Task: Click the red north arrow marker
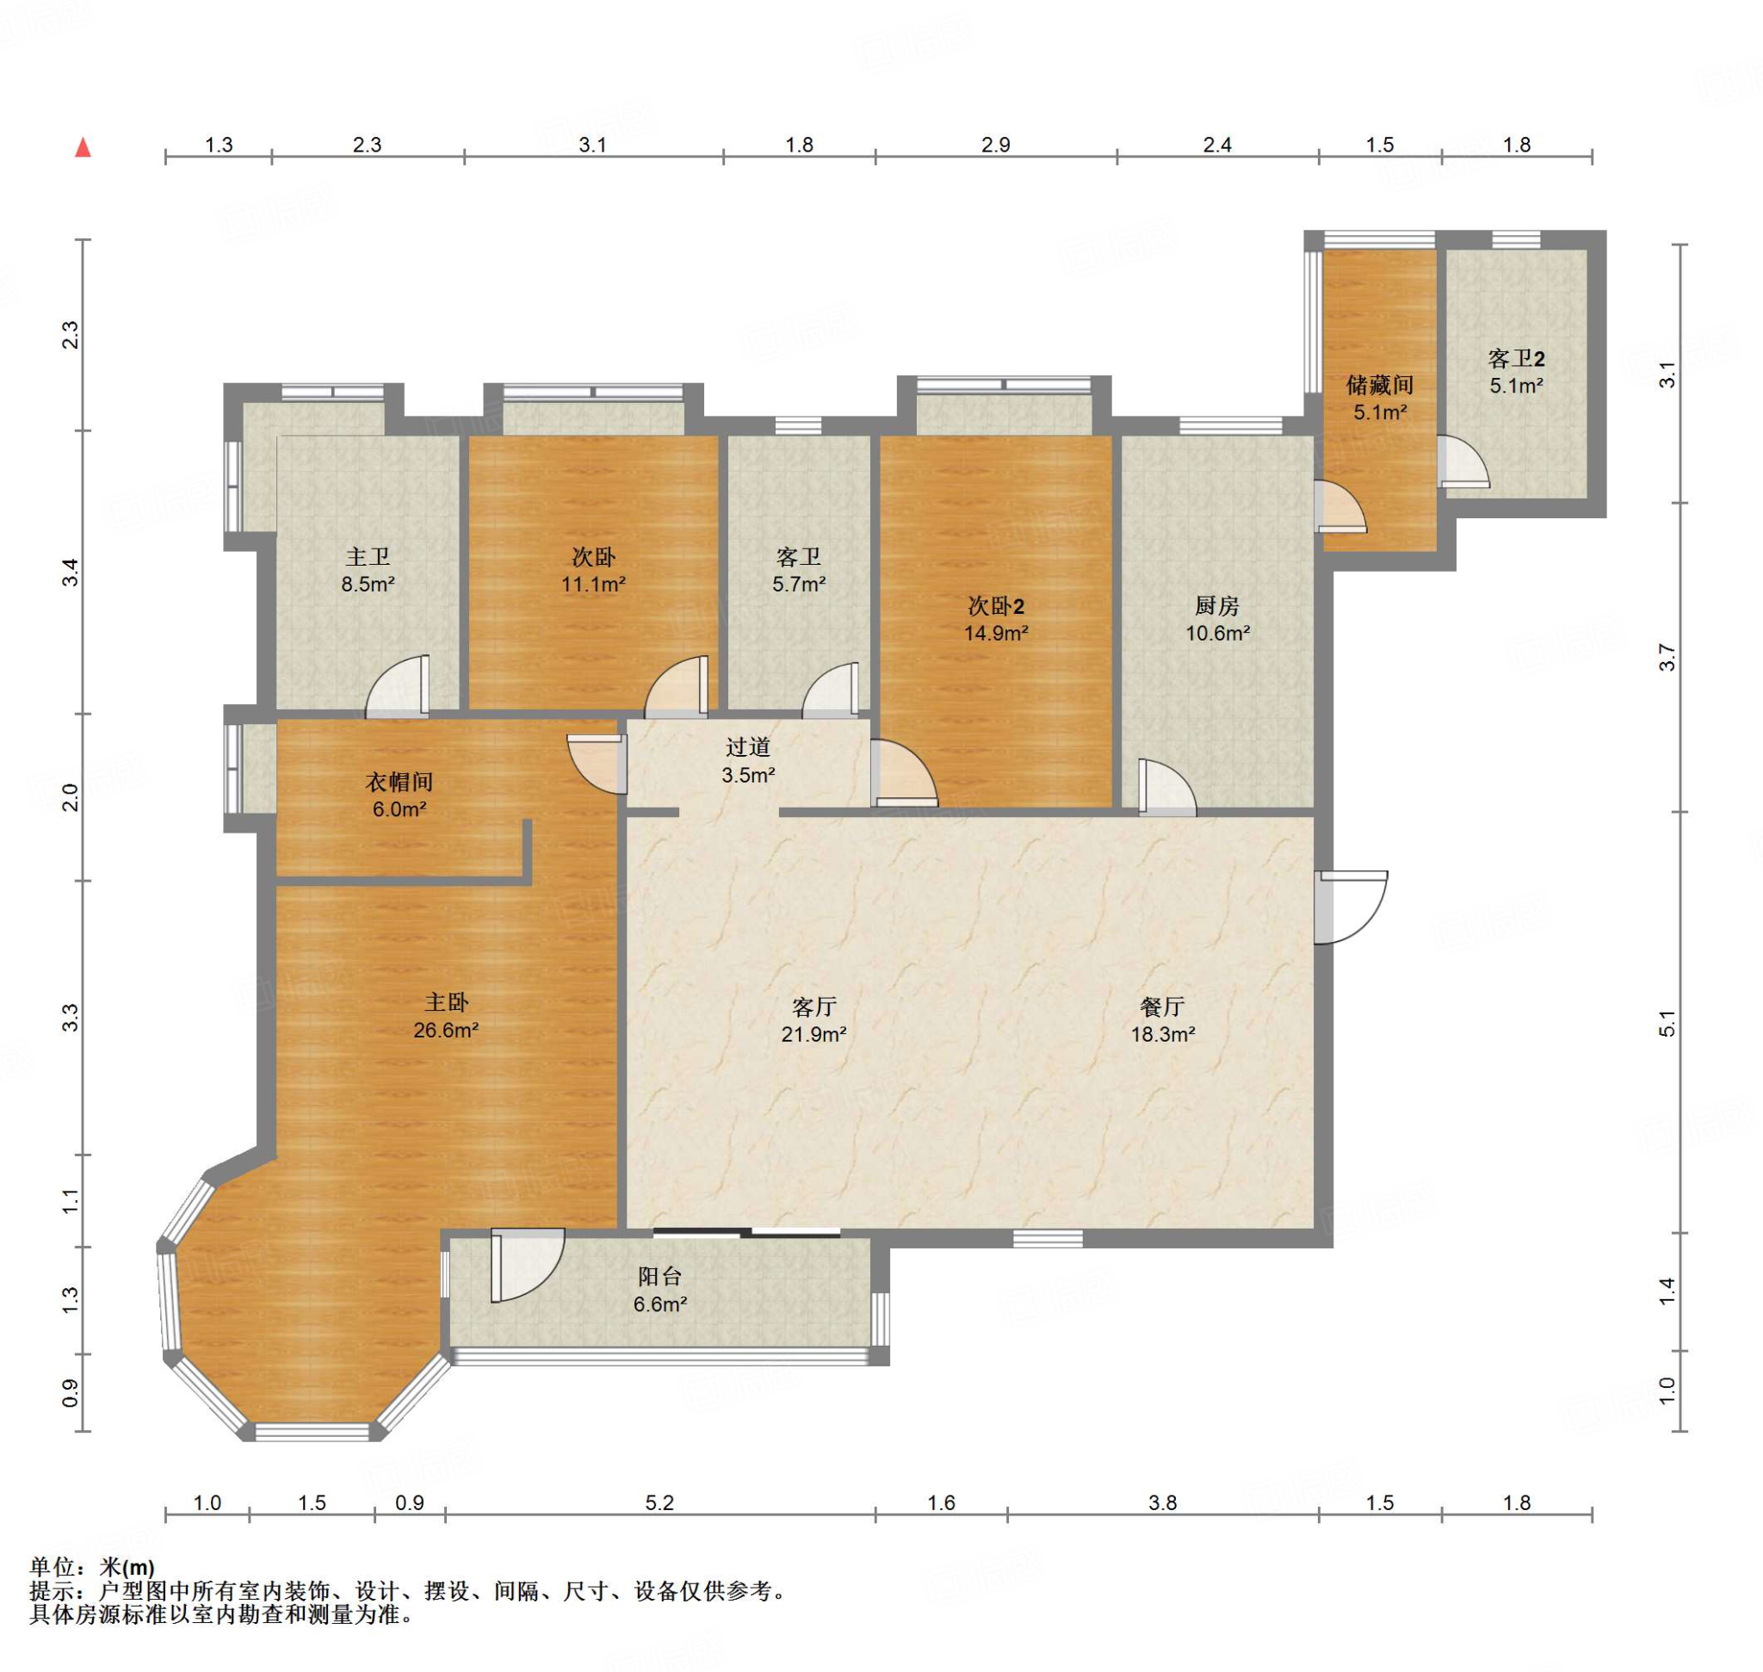(83, 147)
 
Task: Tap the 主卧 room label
(447, 1003)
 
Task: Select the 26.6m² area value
(447, 1031)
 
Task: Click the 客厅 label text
(813, 1007)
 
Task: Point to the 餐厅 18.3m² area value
(1163, 1035)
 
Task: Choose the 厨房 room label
(1217, 606)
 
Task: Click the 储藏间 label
(1380, 385)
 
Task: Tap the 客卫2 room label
(1516, 358)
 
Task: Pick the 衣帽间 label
(399, 782)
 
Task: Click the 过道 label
(748, 746)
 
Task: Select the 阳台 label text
(659, 1277)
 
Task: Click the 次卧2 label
(997, 606)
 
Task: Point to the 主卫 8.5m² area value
(368, 585)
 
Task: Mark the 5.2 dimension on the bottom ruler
(659, 1502)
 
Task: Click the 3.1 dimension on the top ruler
(593, 145)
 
